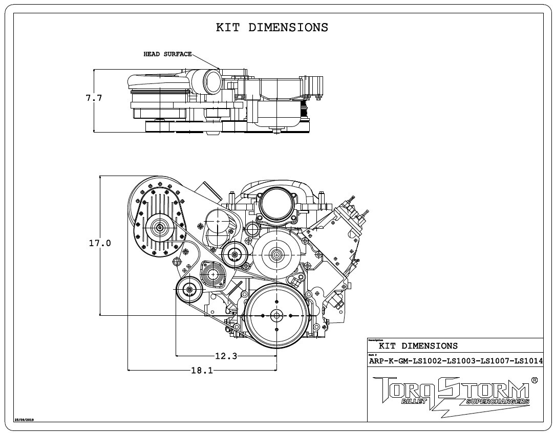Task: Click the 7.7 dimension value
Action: tap(94, 98)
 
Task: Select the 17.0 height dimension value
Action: tap(100, 243)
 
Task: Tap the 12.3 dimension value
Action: tap(226, 356)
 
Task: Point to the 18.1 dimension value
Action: tap(202, 370)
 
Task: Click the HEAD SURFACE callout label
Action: tap(167, 54)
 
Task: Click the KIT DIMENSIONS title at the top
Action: tap(272, 28)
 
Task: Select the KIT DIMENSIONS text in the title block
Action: tap(418, 346)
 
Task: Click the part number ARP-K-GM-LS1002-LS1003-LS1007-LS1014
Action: tap(456, 361)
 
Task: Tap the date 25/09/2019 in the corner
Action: tap(24, 419)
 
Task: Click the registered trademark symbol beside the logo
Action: tap(535, 380)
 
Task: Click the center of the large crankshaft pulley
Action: tap(276, 315)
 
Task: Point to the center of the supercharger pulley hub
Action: tap(159, 228)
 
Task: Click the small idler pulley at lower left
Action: tap(190, 290)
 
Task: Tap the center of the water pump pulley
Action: tap(276, 254)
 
